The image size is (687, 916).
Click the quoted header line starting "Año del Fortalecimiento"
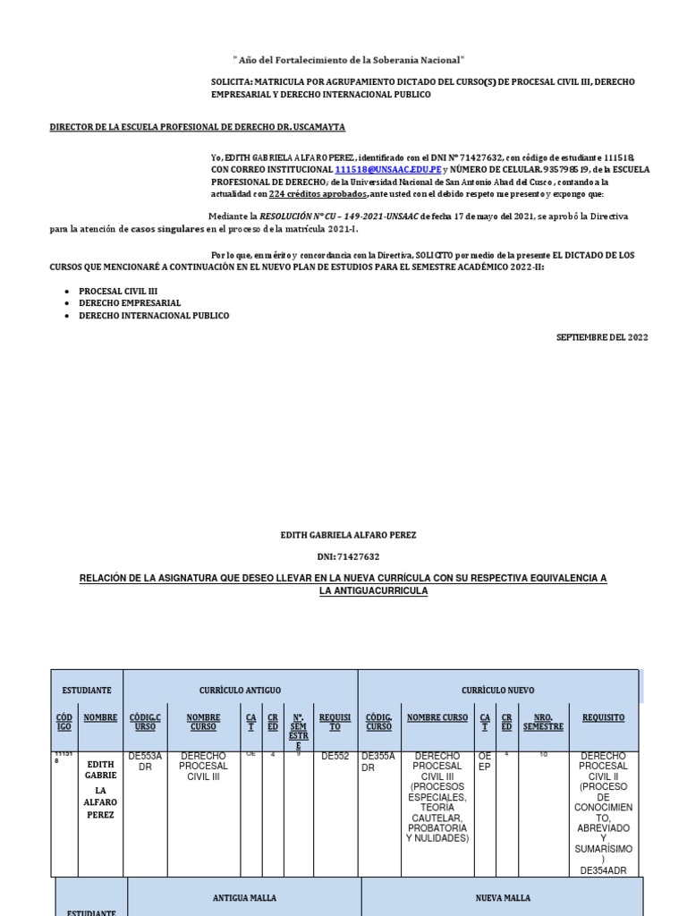pyautogui.click(x=349, y=59)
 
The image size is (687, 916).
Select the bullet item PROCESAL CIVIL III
pyautogui.click(x=118, y=292)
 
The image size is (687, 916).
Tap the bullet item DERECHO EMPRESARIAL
pyautogui.click(x=130, y=303)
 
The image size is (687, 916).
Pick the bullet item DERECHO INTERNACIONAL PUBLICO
pyautogui.click(x=154, y=316)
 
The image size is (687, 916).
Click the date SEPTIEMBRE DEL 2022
pyautogui.click(x=602, y=337)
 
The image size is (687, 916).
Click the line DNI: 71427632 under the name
pyautogui.click(x=348, y=556)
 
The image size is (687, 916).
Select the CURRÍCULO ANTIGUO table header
pyautogui.click(x=240, y=691)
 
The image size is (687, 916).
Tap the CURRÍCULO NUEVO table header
pyautogui.click(x=497, y=691)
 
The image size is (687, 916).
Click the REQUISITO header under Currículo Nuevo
pyautogui.click(x=603, y=717)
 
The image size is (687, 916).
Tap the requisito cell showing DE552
pyautogui.click(x=335, y=756)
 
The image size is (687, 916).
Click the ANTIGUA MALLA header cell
pyautogui.click(x=244, y=897)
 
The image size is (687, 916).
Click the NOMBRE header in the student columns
pyautogui.click(x=100, y=717)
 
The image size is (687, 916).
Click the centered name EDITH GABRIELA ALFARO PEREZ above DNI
pyautogui.click(x=348, y=535)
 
